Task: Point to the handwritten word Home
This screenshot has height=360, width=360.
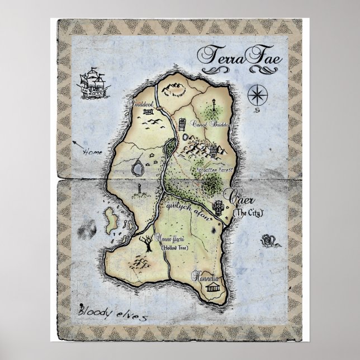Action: (91, 151)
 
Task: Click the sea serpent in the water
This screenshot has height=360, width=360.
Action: (268, 241)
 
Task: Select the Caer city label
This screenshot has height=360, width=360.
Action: (238, 197)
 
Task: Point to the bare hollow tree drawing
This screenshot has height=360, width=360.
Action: (147, 243)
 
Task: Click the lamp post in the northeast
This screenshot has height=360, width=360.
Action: (215, 104)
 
